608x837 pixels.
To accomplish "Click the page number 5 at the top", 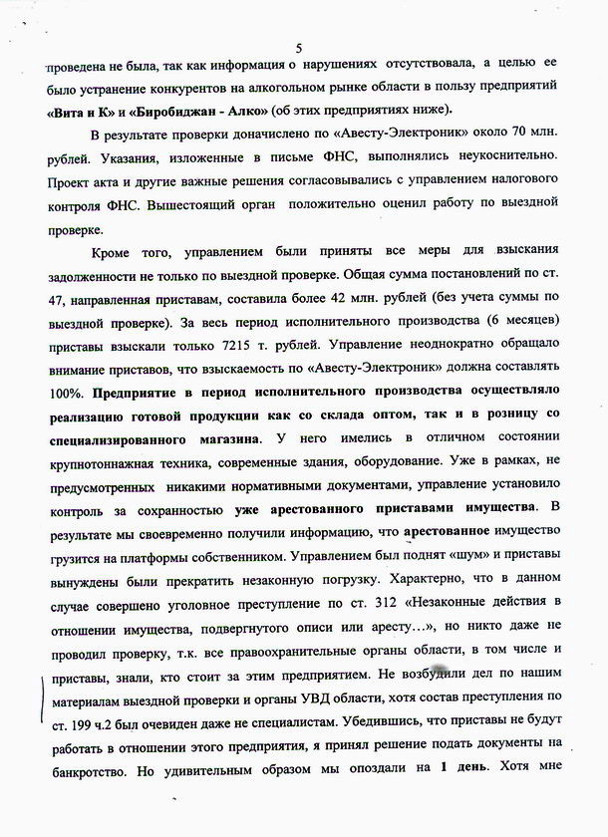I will pyautogui.click(x=298, y=47).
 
